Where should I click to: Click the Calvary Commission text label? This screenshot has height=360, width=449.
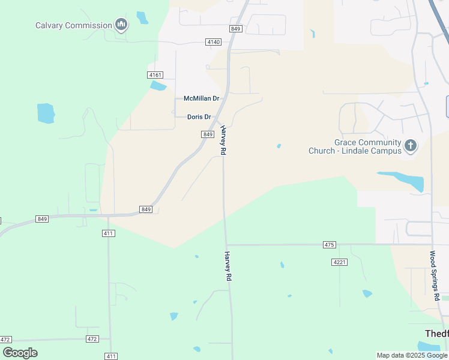(73, 25)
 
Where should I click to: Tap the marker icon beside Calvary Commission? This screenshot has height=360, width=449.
(121, 25)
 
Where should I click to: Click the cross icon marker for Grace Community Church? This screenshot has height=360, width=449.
(411, 145)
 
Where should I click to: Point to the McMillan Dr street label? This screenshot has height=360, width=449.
(202, 98)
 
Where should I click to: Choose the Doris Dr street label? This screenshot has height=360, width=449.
(199, 117)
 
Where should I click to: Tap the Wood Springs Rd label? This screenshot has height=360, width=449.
(434, 275)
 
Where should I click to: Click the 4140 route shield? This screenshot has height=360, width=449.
(213, 42)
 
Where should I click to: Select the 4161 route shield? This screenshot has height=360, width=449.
(155, 74)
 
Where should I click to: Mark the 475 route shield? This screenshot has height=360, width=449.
(329, 245)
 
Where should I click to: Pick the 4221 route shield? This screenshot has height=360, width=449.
(339, 262)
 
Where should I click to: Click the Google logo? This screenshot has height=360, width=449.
(20, 353)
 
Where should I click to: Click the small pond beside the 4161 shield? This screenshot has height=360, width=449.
(158, 86)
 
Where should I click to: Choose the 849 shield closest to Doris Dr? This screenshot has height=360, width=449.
(208, 134)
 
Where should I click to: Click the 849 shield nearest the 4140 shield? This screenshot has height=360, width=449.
(235, 29)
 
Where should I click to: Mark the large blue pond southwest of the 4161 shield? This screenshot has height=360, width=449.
(46, 113)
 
